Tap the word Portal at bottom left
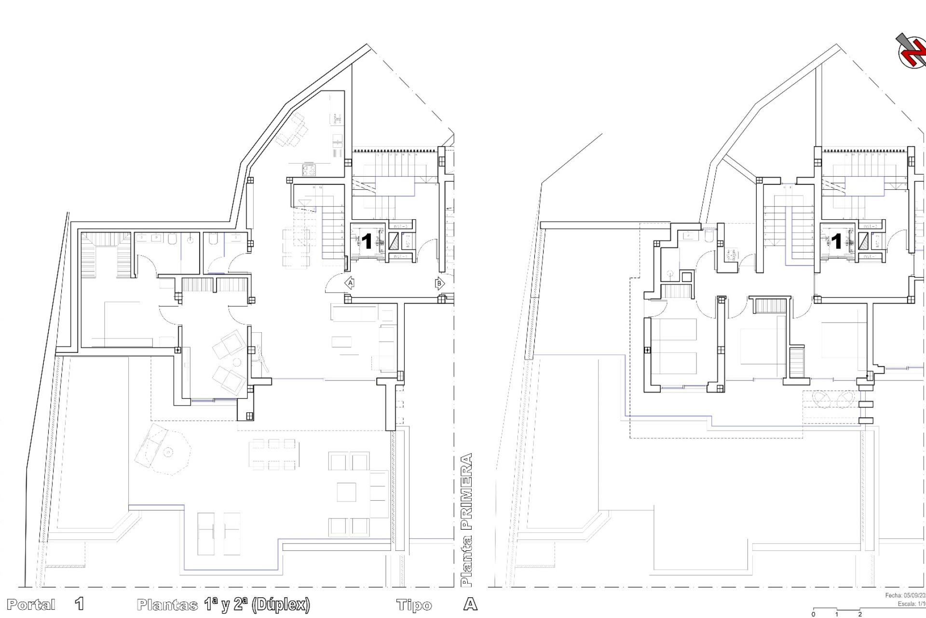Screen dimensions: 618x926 point(31,604)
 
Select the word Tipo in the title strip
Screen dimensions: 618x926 point(414,605)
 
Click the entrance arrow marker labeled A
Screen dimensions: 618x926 point(350,283)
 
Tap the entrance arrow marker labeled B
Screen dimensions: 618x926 point(439,283)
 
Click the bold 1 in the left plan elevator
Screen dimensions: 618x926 point(367,241)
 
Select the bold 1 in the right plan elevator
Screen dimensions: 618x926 point(836,241)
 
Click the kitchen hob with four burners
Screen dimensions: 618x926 point(309,169)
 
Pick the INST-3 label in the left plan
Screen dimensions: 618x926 point(401,226)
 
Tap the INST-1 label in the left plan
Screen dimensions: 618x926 point(401,256)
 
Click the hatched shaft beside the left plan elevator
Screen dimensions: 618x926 point(394,241)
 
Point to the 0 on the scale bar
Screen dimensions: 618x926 point(814,615)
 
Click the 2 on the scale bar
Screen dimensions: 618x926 point(860,615)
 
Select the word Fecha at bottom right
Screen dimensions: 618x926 point(894,596)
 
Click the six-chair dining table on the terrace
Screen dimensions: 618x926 point(272,454)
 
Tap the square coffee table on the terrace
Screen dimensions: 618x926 point(346,492)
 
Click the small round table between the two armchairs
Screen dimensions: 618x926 point(237,363)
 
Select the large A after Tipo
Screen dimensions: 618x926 point(470,604)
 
